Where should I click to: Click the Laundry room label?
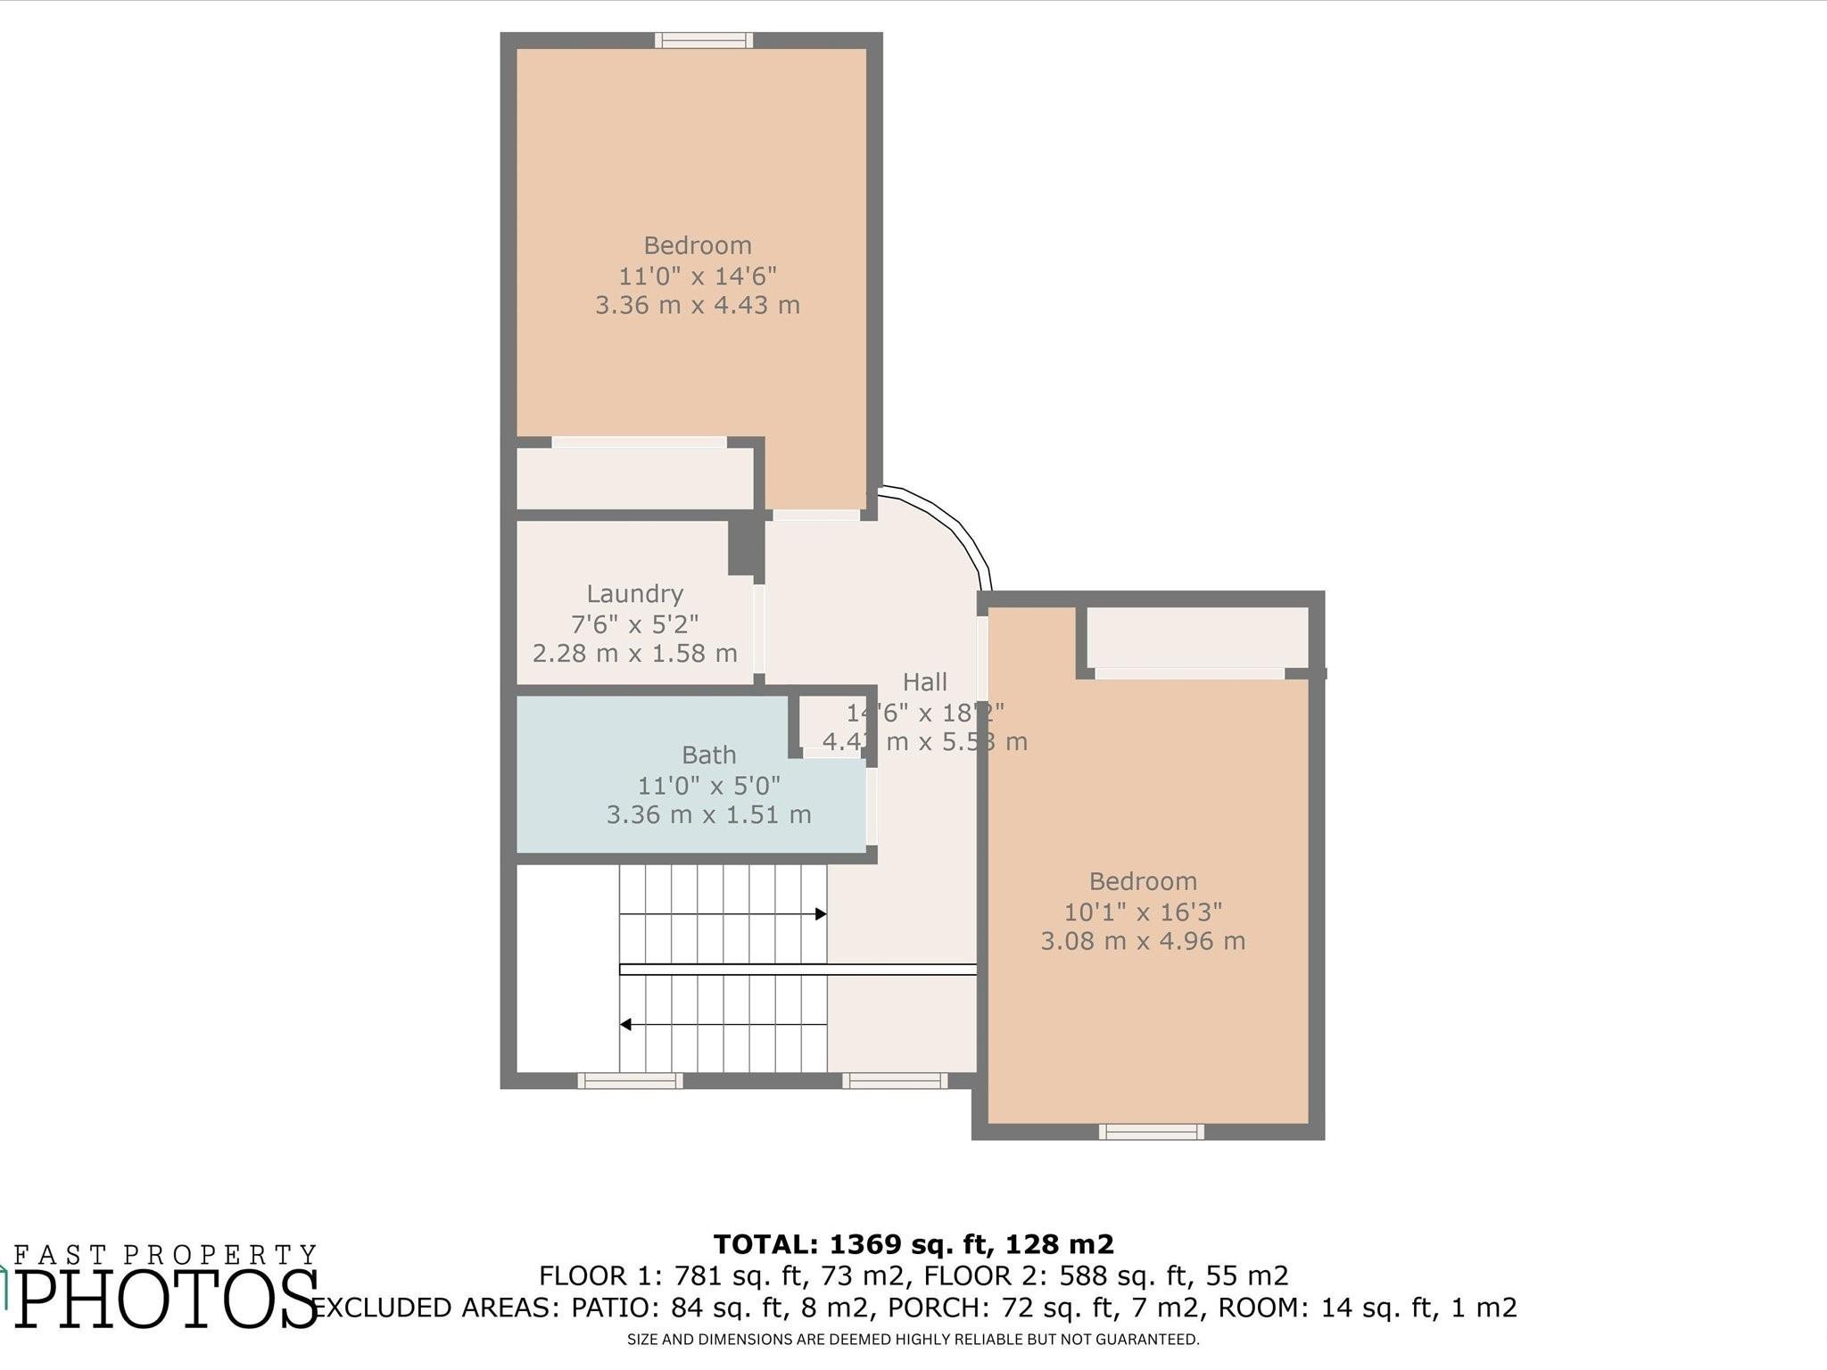point(634,594)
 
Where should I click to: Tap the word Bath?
point(708,755)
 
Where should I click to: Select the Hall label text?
point(924,682)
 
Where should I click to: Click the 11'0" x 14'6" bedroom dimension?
point(698,276)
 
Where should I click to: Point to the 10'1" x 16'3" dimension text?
point(1143,912)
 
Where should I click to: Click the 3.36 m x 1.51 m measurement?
point(708,815)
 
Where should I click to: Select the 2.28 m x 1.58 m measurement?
point(634,654)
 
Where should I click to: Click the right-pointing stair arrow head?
point(821,914)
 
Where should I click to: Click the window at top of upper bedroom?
point(704,40)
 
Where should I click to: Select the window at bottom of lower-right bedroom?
point(1151,1132)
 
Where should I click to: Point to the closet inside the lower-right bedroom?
point(1196,638)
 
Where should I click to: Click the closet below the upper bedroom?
point(635,479)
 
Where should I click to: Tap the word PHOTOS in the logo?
point(168,1300)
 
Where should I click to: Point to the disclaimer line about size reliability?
point(913,1339)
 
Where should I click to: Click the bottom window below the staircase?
point(630,1081)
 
